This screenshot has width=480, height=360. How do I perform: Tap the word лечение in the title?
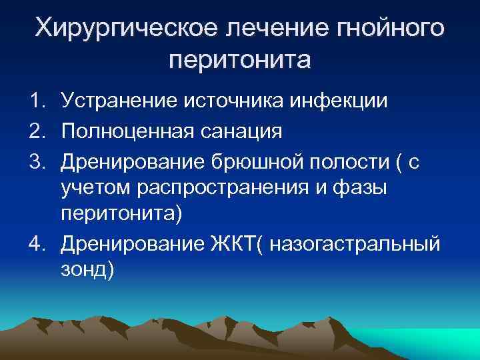pos(263,28)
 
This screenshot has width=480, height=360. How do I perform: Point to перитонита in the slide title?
pos(240,61)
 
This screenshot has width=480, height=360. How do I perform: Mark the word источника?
pos(231,101)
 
